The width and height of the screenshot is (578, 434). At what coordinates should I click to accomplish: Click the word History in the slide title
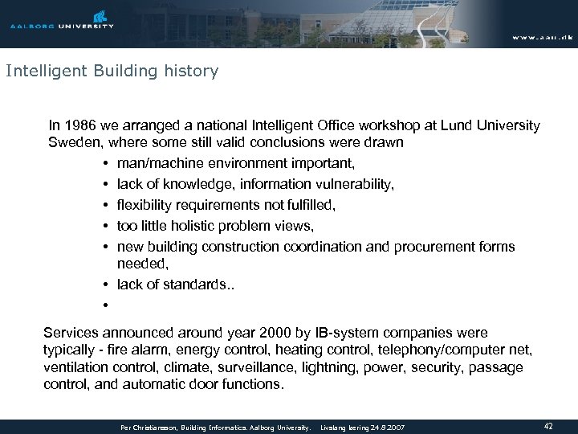point(191,72)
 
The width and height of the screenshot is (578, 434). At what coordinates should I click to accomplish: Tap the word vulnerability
point(352,184)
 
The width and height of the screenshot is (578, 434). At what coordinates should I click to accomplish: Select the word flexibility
point(144,204)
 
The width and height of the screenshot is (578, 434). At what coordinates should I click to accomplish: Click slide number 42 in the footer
point(548,426)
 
